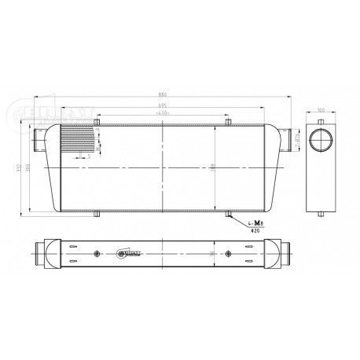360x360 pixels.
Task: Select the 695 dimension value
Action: point(162,105)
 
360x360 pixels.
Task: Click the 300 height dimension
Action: point(30,169)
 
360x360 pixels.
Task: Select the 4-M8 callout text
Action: point(254,224)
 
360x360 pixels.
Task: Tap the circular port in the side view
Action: point(320,141)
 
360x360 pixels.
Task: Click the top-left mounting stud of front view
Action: point(97,122)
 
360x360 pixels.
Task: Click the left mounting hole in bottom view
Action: point(97,253)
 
